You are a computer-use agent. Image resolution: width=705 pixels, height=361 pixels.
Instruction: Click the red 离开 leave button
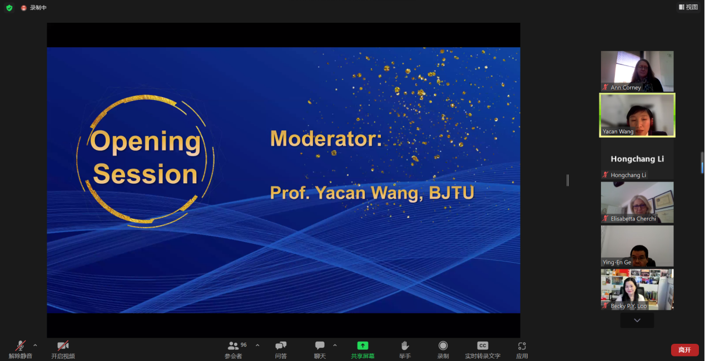pyautogui.click(x=684, y=350)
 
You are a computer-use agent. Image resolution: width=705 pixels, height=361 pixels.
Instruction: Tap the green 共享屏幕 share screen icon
pyautogui.click(x=363, y=345)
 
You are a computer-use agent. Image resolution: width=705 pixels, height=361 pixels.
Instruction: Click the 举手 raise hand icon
pyautogui.click(x=405, y=345)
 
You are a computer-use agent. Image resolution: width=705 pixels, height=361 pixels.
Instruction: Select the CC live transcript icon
pyautogui.click(x=483, y=345)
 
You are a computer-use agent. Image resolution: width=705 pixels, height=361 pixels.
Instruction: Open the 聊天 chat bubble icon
pyautogui.click(x=320, y=345)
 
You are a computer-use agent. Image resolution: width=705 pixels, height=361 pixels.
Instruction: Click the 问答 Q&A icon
pyautogui.click(x=281, y=345)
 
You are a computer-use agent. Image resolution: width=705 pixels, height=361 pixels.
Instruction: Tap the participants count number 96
pyautogui.click(x=244, y=345)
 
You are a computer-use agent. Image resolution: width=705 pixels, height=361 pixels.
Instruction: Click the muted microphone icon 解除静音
pyautogui.click(x=21, y=345)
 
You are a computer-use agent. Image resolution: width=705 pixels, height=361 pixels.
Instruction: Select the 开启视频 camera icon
pyautogui.click(x=63, y=345)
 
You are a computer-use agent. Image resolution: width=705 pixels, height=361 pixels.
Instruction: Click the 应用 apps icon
pyautogui.click(x=522, y=345)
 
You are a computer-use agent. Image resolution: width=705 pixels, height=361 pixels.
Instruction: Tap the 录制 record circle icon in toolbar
pyautogui.click(x=443, y=345)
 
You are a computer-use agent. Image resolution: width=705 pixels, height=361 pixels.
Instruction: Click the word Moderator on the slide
pyautogui.click(x=326, y=138)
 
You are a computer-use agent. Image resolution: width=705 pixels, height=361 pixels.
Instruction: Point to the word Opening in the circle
pyautogui.click(x=145, y=142)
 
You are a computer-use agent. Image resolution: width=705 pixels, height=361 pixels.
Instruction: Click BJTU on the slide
pyautogui.click(x=451, y=193)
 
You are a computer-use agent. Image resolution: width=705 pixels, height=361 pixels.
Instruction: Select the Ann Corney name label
pyautogui.click(x=625, y=87)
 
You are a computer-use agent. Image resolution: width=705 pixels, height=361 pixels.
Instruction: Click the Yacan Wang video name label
pyautogui.click(x=618, y=132)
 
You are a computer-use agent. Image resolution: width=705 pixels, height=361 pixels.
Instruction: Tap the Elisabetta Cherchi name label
pyautogui.click(x=633, y=219)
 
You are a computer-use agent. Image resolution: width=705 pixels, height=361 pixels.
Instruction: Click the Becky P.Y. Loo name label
pyautogui.click(x=628, y=305)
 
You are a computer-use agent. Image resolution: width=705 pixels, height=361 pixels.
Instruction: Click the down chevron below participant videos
pyautogui.click(x=637, y=320)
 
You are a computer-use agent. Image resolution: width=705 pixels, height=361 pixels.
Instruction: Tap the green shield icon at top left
pyautogui.click(x=9, y=8)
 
